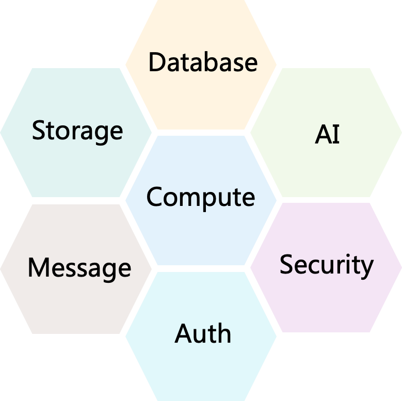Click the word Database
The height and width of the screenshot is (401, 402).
point(202,62)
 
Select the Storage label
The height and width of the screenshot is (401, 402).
point(77,130)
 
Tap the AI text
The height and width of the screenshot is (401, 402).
point(327,134)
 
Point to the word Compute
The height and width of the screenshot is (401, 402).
point(201,197)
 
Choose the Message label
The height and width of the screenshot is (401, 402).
point(79,268)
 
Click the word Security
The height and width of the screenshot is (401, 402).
point(326,265)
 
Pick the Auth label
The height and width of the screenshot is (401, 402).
point(203,333)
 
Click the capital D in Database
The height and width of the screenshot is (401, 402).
point(157,62)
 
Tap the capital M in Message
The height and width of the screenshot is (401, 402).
point(39,268)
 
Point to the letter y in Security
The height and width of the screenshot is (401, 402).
point(367,267)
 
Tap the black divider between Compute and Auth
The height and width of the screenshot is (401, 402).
point(201,268)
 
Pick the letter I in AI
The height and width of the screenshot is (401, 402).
point(336,135)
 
